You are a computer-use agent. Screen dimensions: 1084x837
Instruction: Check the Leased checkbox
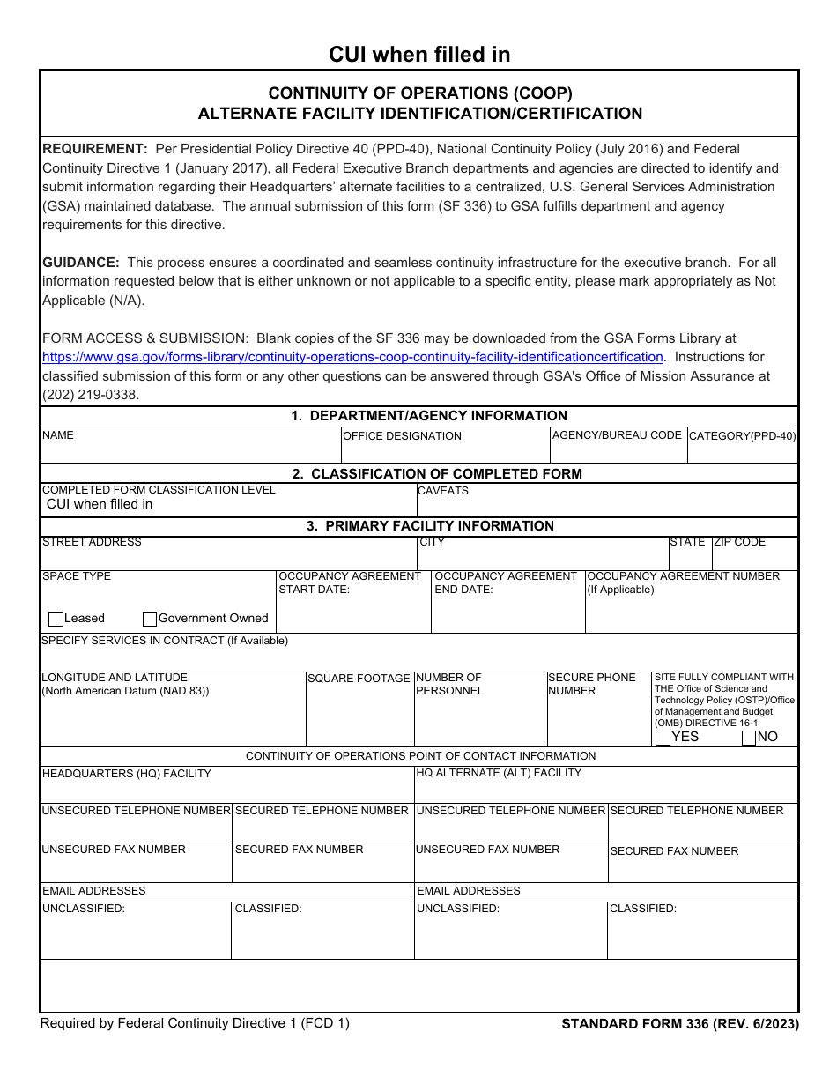[56, 619]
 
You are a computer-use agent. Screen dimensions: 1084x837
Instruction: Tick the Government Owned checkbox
[150, 619]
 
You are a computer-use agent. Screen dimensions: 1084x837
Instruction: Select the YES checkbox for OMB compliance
[663, 738]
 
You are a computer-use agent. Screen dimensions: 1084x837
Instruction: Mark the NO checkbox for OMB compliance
[749, 738]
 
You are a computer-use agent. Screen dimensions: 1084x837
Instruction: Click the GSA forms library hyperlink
[352, 357]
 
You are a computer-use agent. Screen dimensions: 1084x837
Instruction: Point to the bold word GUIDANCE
[80, 263]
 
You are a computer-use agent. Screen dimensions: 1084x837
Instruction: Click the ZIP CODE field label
[739, 542]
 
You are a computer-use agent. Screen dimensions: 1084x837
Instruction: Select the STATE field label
[687, 542]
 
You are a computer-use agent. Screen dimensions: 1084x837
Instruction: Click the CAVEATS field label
[443, 491]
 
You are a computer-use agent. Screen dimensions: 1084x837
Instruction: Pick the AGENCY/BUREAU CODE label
[617, 435]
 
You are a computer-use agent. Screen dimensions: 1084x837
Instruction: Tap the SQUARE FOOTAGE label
[359, 679]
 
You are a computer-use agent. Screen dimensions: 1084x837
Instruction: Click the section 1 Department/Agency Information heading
[429, 416]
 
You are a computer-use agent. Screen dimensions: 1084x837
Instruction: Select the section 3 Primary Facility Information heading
[430, 526]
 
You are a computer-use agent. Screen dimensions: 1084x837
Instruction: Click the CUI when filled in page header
[419, 55]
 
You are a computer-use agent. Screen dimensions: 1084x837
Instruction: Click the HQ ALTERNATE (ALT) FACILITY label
[499, 773]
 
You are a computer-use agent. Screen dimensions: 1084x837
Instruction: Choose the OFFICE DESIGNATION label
[402, 436]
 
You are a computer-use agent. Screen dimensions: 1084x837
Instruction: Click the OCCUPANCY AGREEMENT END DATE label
[506, 583]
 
